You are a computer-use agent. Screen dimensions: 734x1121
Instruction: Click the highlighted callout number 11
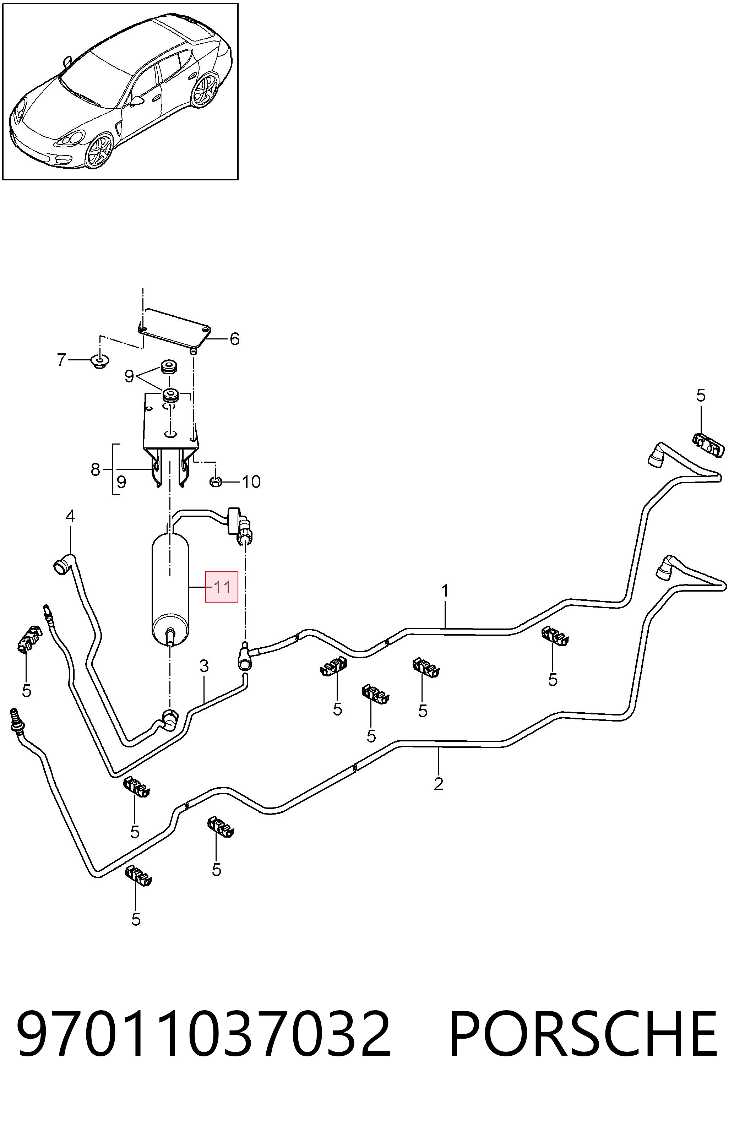coord(222,587)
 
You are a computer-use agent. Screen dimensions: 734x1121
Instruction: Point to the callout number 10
coord(251,482)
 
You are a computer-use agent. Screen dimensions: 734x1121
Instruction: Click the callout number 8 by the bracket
coord(96,469)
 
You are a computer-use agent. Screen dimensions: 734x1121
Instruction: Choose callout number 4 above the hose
coord(70,517)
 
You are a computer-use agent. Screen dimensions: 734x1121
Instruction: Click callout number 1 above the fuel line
coord(444,591)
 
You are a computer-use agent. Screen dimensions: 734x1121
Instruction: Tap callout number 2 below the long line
coord(439,784)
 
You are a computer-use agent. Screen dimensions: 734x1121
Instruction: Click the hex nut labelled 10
coord(215,481)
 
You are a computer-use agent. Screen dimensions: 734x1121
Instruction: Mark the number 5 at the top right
coord(701,395)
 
